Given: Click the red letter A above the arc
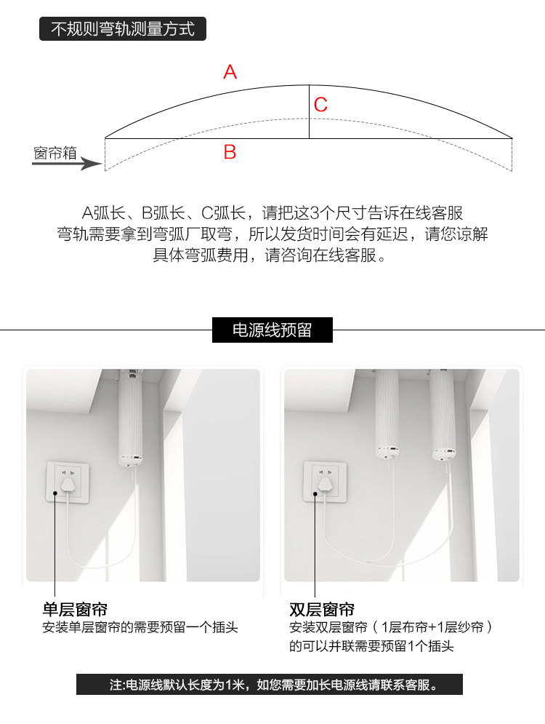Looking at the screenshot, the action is [x=230, y=72].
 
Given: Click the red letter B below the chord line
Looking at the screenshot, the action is [x=230, y=152].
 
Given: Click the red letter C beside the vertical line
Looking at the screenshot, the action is [x=320, y=105].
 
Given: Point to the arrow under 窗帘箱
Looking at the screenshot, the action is [x=68, y=164].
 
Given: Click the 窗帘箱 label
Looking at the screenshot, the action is [x=55, y=152].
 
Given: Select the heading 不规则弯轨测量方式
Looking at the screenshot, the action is [x=123, y=28].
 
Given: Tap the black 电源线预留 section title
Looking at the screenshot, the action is [x=272, y=330].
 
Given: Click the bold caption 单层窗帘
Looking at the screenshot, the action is [x=75, y=610].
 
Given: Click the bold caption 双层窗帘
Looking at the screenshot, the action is [x=322, y=610].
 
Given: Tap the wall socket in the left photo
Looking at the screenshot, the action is [x=68, y=482].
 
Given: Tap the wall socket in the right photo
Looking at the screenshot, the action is [x=325, y=481].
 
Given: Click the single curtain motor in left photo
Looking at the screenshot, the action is [x=131, y=417].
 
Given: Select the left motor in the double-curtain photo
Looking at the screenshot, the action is [x=387, y=414].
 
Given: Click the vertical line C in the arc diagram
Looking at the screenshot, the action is [x=309, y=112].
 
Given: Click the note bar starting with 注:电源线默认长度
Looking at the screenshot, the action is [x=270, y=684].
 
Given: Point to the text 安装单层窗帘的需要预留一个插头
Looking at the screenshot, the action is [x=140, y=627].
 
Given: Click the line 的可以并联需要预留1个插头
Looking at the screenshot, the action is [x=371, y=645].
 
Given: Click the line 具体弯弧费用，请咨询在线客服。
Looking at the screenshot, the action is [x=270, y=255].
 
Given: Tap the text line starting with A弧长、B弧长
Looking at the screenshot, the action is [x=272, y=213].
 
